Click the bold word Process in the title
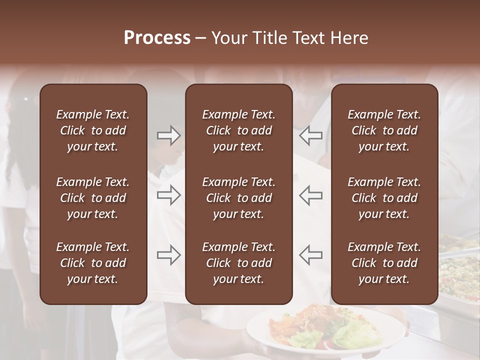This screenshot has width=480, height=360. (x=157, y=38)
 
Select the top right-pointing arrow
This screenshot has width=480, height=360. (x=169, y=135)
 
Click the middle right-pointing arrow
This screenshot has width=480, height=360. (x=169, y=195)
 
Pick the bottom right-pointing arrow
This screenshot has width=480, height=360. (x=169, y=255)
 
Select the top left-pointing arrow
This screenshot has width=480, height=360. (x=310, y=135)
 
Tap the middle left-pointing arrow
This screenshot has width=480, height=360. (x=310, y=195)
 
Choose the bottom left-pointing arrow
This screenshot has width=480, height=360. (x=310, y=255)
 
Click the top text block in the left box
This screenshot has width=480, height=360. (x=93, y=130)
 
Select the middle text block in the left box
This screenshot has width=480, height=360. (x=93, y=198)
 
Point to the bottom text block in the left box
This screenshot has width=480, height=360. (x=93, y=263)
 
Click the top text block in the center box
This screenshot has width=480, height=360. (x=238, y=130)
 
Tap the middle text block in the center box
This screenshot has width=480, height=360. (x=238, y=198)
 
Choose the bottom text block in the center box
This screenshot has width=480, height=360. (x=238, y=263)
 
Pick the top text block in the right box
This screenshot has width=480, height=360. (x=384, y=130)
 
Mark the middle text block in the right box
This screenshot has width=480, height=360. (x=384, y=198)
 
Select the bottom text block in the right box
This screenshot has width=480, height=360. (x=384, y=263)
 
